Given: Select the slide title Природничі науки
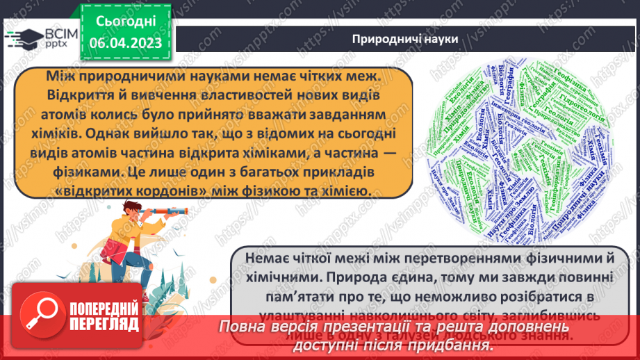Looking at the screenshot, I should coord(405,39).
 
